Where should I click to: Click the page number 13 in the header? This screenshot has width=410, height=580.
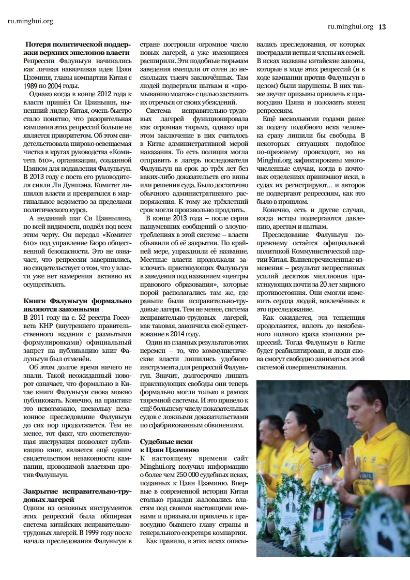(383, 27)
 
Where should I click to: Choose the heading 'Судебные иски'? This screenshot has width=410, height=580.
(166, 442)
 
